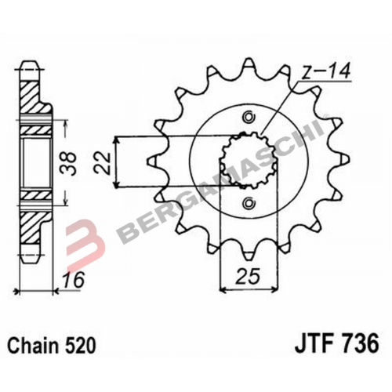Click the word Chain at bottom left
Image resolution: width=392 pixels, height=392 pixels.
[x=31, y=345]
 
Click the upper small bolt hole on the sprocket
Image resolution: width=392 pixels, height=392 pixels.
[x=249, y=118]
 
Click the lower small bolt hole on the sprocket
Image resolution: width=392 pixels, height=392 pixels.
[x=249, y=204]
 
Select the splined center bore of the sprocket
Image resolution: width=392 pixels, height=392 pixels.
[x=249, y=161]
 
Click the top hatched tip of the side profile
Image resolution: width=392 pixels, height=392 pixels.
[x=31, y=78]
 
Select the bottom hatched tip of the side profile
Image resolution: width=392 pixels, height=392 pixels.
[x=31, y=243]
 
